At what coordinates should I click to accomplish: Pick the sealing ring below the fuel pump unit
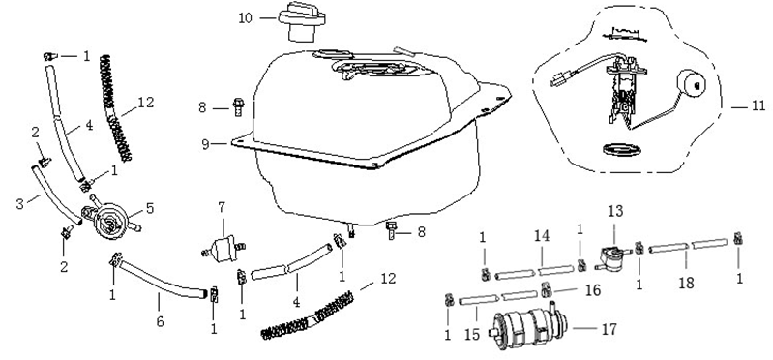point(616,149)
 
